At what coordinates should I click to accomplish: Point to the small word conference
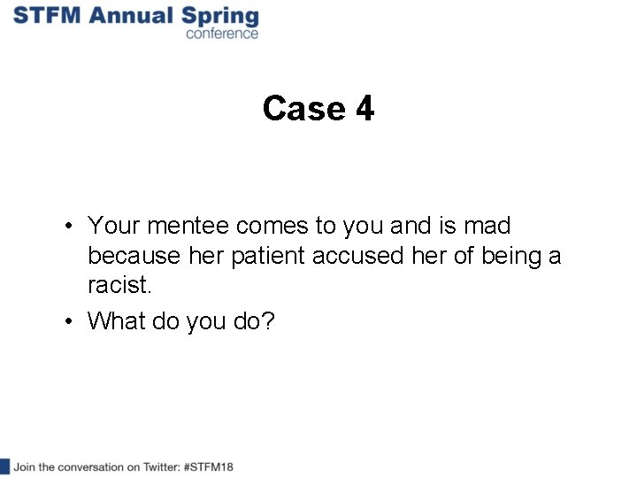222,34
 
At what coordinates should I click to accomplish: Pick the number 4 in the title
365,109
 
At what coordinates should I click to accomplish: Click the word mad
487,227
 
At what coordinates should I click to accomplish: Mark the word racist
120,286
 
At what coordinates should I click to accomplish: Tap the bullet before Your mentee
68,227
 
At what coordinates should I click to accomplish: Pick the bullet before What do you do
68,320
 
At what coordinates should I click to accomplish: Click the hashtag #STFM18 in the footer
210,466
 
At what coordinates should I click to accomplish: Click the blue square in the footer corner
4,466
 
